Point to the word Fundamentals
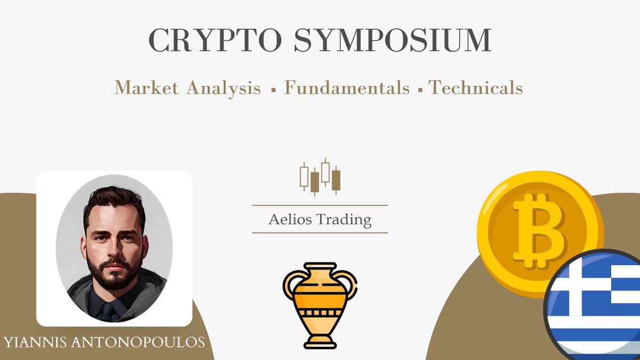point(347,87)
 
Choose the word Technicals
point(476,87)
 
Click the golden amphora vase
point(319,301)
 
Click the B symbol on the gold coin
point(539,230)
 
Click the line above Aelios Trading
point(319,205)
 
